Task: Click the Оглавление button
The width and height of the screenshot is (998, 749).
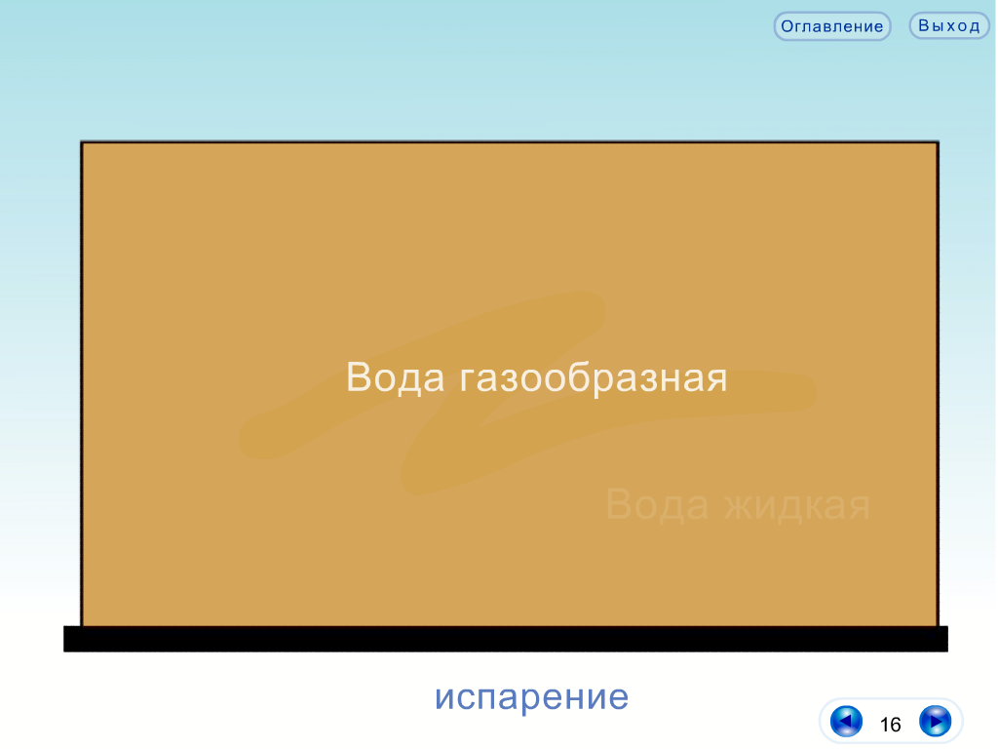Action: click(x=832, y=26)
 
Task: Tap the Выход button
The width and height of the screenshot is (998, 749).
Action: click(x=949, y=26)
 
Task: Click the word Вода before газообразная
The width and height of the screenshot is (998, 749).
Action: click(x=396, y=377)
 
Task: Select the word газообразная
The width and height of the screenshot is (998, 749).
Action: click(x=594, y=378)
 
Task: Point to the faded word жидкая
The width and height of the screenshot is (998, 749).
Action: click(x=797, y=506)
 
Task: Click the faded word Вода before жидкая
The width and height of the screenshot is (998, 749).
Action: click(x=657, y=504)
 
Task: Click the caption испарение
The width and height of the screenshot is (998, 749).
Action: click(x=531, y=696)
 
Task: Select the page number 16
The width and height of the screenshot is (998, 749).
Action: click(x=890, y=725)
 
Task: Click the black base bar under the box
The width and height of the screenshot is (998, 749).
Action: click(x=506, y=639)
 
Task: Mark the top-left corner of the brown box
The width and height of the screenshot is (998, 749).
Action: click(x=82, y=142)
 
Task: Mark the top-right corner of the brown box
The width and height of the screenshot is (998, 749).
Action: click(x=939, y=142)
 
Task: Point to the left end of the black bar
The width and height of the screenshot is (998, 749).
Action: click(x=64, y=639)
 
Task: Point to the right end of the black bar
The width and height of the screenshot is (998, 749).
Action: click(x=947, y=639)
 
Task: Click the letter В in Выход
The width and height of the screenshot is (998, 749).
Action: click(x=924, y=26)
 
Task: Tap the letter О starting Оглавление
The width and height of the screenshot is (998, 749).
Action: click(x=787, y=26)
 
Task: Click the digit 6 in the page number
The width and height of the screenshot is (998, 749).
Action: click(x=896, y=725)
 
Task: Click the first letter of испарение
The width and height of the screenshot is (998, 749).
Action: click(x=443, y=697)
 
